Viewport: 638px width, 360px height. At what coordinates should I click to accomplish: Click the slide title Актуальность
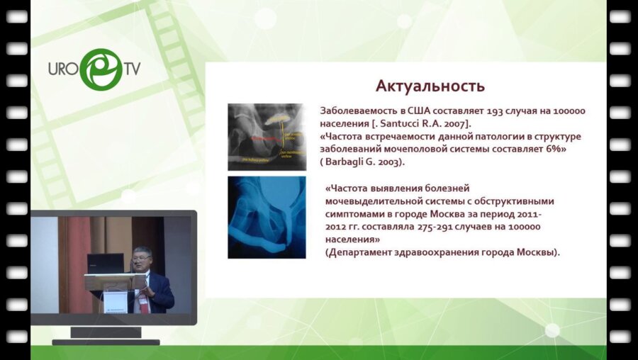[430, 86]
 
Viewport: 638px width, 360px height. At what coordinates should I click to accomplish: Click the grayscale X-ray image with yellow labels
[266, 137]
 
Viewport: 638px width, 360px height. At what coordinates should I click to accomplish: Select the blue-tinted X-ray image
[266, 218]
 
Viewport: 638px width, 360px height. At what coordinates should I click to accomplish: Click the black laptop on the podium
[104, 264]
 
